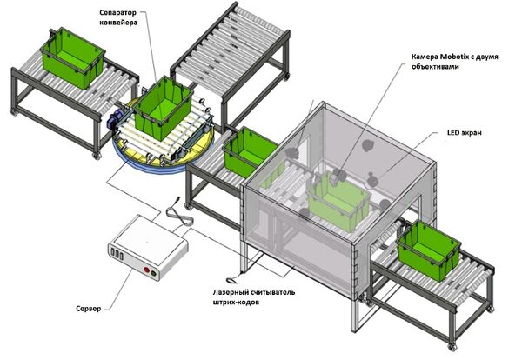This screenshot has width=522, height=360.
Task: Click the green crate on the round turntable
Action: (x=163, y=103)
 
